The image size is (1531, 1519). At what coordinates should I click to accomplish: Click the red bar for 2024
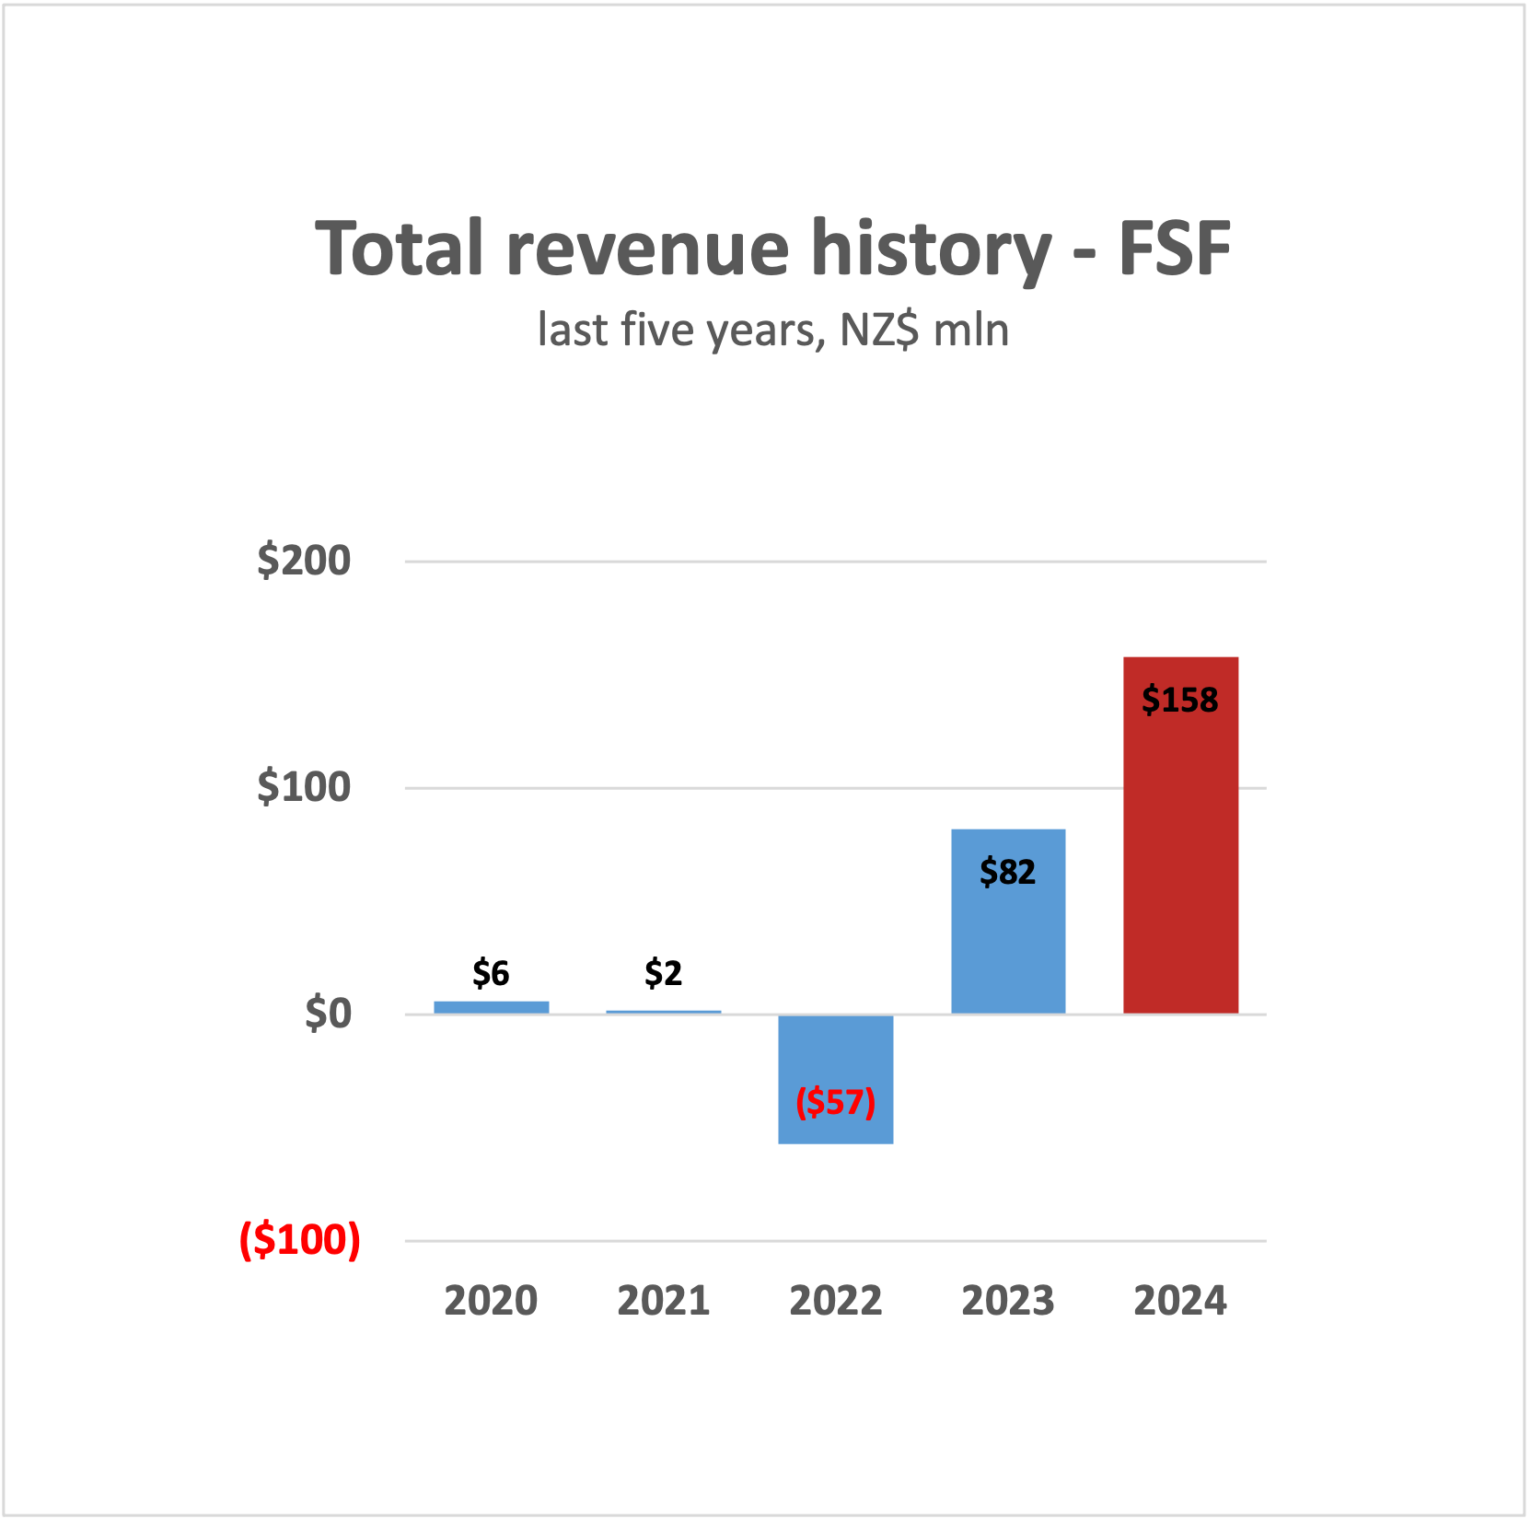pos(1180,856)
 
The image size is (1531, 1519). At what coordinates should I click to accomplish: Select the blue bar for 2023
pos(1008,939)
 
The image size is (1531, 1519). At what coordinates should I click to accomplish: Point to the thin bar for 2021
pos(663,1012)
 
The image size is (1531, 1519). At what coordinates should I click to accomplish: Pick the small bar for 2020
pos(491,1007)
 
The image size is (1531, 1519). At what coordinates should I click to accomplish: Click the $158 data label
pos(1179,701)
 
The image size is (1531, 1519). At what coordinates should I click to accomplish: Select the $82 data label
pos(1007,872)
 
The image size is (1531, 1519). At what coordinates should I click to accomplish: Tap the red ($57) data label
pos(835,1102)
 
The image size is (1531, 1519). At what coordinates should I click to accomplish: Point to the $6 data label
pos(491,973)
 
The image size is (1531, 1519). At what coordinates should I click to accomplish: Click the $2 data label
pos(663,973)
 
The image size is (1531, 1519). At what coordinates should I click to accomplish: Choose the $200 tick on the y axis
pos(304,560)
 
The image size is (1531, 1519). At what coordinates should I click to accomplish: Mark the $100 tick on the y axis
pos(304,787)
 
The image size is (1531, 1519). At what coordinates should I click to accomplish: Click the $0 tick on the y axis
pos(328,1014)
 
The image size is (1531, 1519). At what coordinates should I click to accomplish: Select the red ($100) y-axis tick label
pos(300,1240)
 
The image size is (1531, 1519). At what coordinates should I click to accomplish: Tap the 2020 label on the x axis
pos(491,1301)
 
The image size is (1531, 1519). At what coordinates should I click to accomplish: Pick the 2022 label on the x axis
pos(835,1301)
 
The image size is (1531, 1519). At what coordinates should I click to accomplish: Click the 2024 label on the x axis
pos(1180,1301)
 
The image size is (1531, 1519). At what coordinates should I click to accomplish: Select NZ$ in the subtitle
pos(878,330)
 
